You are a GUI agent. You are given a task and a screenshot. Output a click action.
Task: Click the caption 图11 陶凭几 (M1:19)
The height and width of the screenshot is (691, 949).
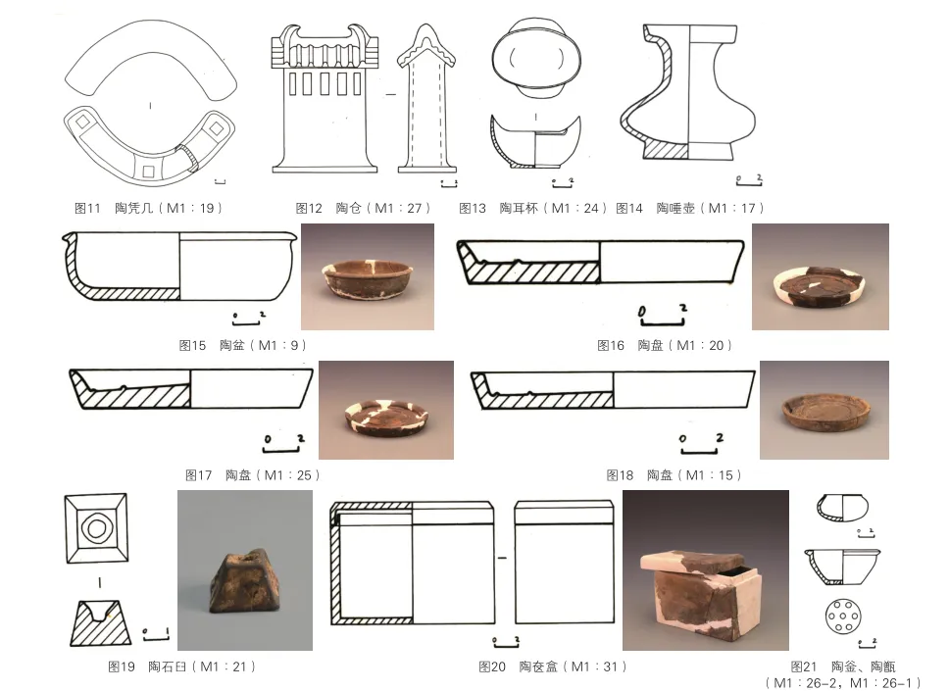[x=148, y=208]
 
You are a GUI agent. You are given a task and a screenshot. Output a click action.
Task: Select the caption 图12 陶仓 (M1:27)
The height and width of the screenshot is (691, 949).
[x=363, y=208]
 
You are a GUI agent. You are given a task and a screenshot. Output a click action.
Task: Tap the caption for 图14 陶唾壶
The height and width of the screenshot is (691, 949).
[x=690, y=208]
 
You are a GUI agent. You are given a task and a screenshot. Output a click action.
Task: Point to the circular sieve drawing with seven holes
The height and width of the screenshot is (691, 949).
[x=842, y=616]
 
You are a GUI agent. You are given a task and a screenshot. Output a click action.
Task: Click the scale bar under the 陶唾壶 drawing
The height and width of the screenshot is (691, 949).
[x=749, y=180]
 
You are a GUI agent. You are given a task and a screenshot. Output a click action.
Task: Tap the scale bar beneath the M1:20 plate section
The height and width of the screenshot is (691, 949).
[x=663, y=315]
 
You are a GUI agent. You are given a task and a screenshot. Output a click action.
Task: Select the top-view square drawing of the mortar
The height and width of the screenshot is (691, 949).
[x=96, y=528]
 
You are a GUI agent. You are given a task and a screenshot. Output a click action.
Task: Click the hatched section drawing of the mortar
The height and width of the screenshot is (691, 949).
[x=100, y=622]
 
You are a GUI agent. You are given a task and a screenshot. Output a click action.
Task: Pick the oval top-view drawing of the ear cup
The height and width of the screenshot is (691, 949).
[x=535, y=59]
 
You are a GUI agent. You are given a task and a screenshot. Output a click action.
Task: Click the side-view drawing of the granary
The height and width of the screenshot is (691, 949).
[x=426, y=99]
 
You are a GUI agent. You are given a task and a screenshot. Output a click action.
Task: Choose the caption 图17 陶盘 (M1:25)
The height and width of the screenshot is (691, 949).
[x=252, y=475]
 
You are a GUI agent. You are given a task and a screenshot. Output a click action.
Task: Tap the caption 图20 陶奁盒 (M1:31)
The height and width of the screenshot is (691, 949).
[x=553, y=666]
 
